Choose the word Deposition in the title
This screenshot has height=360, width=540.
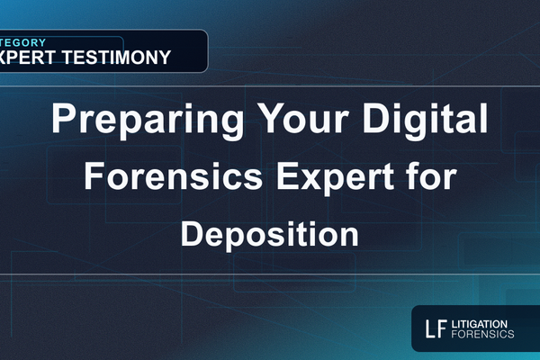270,235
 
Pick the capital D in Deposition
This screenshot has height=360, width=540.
192,233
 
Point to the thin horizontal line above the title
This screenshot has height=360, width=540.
270,86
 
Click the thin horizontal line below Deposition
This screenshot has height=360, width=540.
270,274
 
